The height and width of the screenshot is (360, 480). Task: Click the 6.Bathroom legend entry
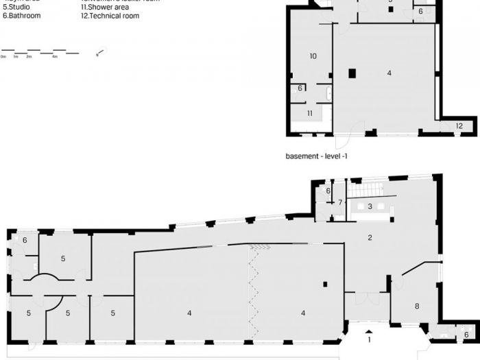21,16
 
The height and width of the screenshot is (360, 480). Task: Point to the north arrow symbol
101,52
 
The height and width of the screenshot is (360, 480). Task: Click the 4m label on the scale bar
55,57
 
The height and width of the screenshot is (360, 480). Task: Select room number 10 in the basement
313,56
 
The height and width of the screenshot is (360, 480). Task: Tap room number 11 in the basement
309,113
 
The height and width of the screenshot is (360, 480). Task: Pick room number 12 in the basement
459,125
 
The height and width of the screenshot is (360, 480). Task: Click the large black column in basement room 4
352,73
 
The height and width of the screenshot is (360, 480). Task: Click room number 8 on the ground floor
416,306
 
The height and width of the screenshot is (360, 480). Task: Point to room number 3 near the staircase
370,206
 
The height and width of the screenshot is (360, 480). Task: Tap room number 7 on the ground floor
340,202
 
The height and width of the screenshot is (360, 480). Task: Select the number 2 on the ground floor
370,238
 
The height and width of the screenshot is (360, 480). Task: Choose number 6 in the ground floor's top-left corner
25,240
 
